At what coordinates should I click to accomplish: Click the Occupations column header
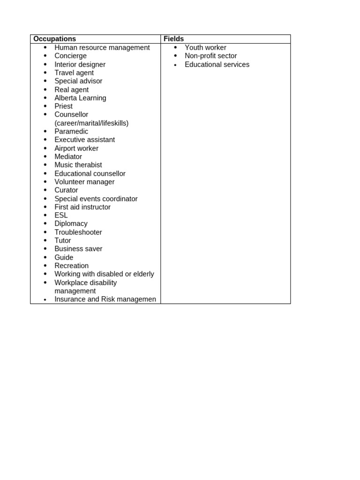tap(55, 39)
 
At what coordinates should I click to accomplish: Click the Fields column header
tap(173, 39)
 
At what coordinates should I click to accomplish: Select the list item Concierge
tap(70, 56)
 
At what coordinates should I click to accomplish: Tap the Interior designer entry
tap(80, 64)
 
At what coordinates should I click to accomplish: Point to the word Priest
tap(63, 106)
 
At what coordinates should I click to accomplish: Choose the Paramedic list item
tap(71, 131)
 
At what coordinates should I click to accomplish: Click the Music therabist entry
tap(78, 165)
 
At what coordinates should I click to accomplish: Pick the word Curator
tap(66, 190)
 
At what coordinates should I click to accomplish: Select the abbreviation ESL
tap(61, 215)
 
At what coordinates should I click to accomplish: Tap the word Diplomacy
tap(71, 224)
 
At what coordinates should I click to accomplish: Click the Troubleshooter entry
tap(78, 232)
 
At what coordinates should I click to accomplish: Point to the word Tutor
tap(63, 240)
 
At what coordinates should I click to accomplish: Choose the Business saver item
tap(78, 249)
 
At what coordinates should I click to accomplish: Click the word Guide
tap(64, 257)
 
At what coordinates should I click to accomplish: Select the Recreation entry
tap(71, 266)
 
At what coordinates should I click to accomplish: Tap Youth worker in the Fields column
tap(205, 47)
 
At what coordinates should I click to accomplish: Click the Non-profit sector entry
tap(210, 56)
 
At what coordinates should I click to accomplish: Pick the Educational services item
tap(217, 64)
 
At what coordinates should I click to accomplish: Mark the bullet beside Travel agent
tap(45, 73)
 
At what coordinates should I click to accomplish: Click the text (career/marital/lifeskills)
tap(91, 123)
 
